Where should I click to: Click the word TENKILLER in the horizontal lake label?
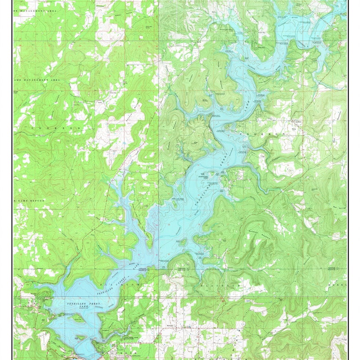(x=76, y=304)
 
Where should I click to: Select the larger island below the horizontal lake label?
(x=76, y=319)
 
